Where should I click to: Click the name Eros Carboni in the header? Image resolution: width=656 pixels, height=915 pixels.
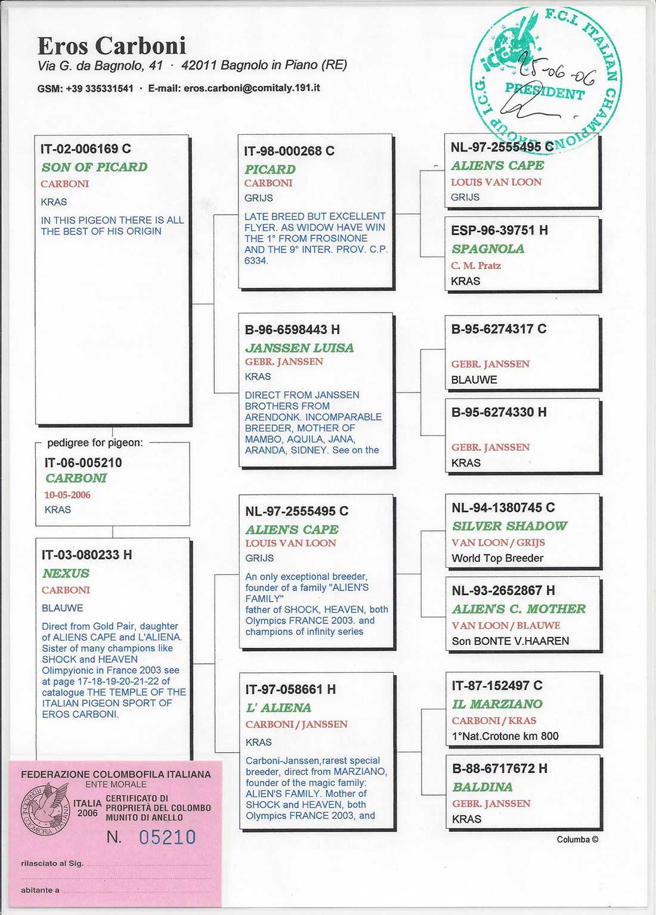coord(112,46)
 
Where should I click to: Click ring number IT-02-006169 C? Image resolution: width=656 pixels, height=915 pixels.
coord(85,149)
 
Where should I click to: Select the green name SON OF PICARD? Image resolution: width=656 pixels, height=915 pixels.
coord(94,167)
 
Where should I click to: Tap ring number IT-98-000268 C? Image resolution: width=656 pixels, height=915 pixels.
coord(289,151)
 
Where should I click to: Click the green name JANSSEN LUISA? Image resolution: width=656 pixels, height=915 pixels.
coord(299,348)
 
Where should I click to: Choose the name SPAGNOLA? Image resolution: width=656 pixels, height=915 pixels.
coord(488,249)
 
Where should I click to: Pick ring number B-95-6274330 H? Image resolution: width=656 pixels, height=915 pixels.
coord(499,412)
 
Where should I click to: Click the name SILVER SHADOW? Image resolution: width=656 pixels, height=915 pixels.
coord(509,525)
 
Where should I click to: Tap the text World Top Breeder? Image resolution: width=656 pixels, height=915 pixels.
coord(497,558)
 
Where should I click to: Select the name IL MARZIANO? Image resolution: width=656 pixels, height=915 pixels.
coord(497,704)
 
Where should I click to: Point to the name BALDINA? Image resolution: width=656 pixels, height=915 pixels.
coord(482,787)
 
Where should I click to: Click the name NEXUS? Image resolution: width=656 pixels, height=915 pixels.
coord(66,573)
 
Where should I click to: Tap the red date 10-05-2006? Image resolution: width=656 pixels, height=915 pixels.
coord(67,494)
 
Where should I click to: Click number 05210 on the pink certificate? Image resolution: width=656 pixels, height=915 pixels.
coord(167,837)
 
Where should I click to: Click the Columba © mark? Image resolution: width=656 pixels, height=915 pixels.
coord(577,839)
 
